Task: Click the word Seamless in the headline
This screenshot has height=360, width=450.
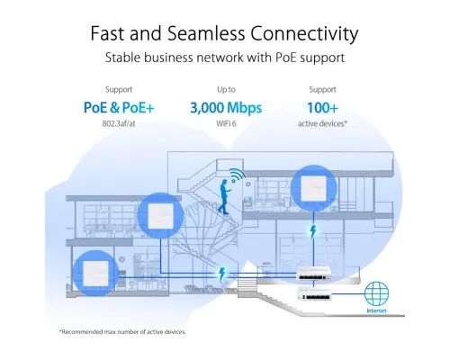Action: click(206, 33)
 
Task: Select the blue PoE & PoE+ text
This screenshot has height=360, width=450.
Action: click(119, 107)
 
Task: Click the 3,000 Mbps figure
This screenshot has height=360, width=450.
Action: click(226, 108)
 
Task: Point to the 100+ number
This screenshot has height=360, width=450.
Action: click(322, 107)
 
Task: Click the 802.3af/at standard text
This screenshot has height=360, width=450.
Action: click(119, 123)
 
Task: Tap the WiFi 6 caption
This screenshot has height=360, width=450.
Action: click(226, 123)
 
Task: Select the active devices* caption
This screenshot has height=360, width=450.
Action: click(322, 123)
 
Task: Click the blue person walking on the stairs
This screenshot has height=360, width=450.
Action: click(224, 196)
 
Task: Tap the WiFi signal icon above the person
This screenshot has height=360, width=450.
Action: click(238, 175)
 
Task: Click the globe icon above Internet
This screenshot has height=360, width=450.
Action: click(376, 293)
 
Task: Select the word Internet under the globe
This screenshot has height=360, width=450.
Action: click(376, 310)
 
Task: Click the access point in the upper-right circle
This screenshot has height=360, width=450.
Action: click(314, 188)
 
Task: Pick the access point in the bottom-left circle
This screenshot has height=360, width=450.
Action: click(95, 274)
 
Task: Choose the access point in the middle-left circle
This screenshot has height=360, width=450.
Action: click(160, 215)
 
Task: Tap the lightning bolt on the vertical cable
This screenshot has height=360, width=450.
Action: click(313, 231)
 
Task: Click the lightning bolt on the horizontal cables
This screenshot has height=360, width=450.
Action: click(222, 274)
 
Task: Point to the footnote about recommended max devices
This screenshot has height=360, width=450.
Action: click(122, 332)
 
